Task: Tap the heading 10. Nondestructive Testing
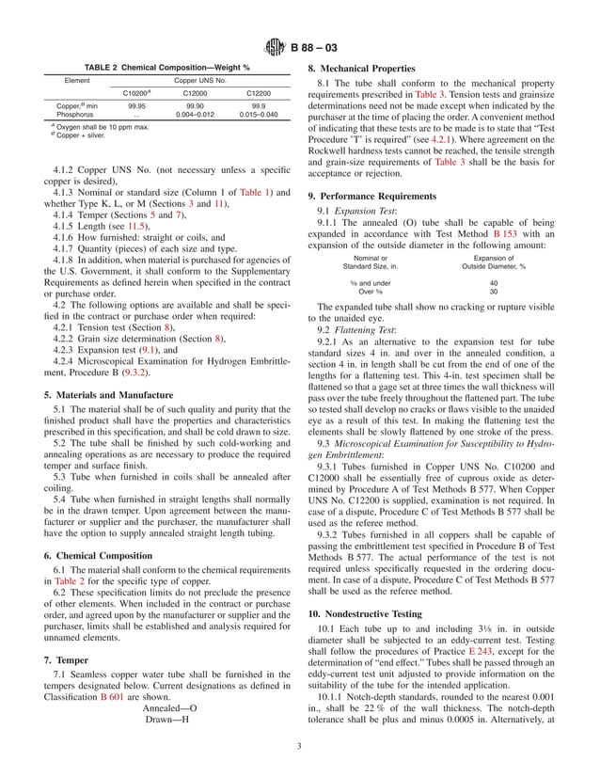(x=369, y=612)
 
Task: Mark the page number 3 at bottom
(x=300, y=747)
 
